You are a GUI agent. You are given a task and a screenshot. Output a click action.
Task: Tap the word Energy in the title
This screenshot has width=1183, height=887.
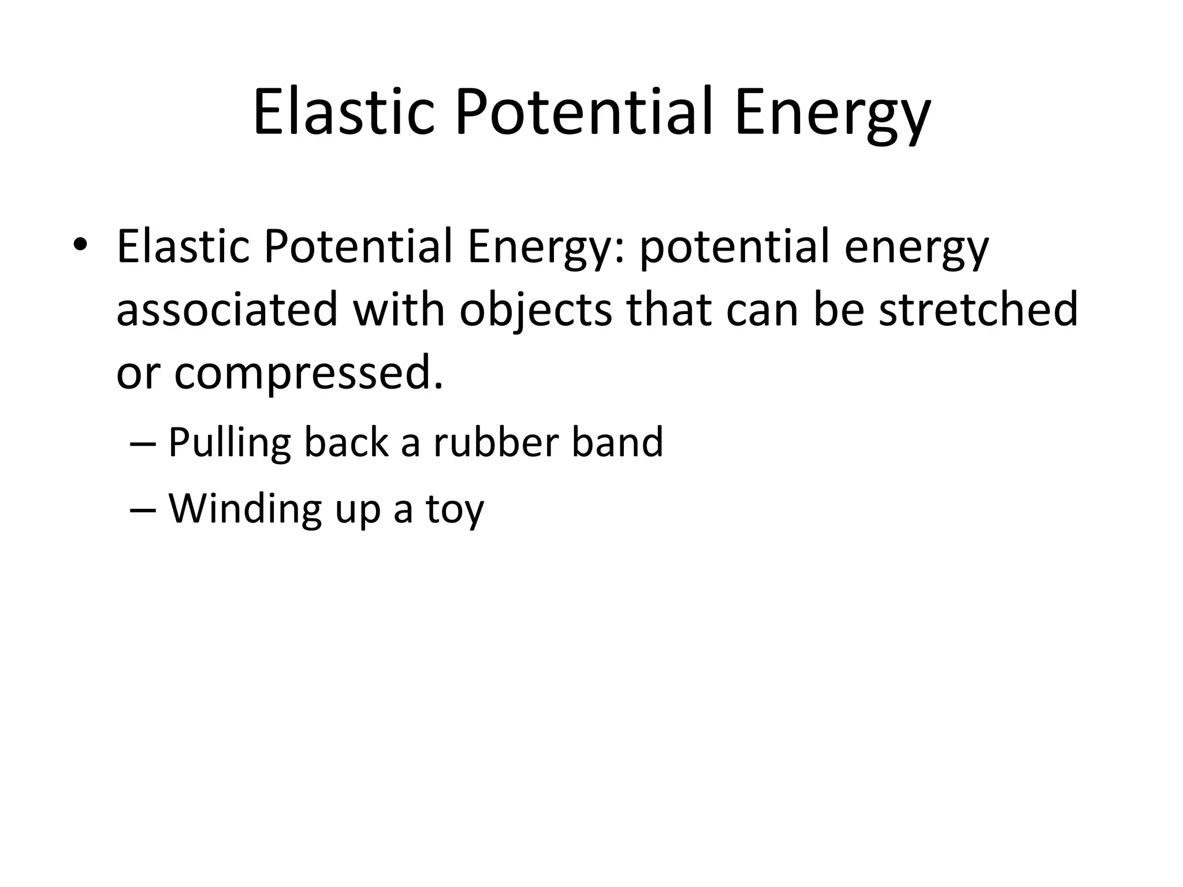[832, 115]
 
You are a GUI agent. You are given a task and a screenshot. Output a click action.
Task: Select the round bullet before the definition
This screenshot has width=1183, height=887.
[80, 245]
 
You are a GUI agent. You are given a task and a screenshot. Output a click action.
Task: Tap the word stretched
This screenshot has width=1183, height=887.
[978, 310]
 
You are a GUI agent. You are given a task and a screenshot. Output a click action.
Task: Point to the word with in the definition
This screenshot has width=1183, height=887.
[399, 310]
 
